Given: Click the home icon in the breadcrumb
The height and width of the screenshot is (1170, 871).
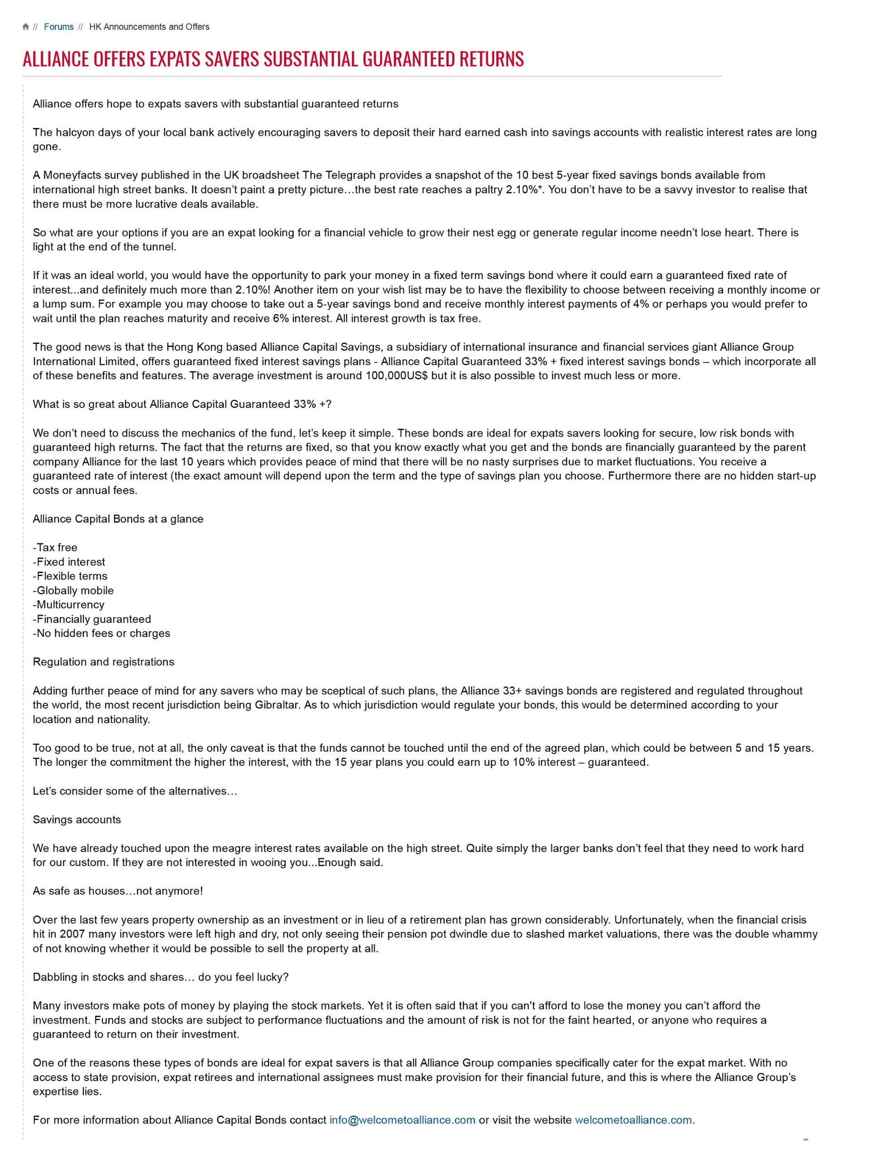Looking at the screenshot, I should (26, 27).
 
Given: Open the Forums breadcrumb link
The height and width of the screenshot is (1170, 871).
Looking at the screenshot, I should (59, 27).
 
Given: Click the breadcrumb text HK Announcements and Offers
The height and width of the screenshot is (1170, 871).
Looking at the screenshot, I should (149, 27).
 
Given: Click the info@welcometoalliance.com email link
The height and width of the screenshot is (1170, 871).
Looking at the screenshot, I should (402, 1120).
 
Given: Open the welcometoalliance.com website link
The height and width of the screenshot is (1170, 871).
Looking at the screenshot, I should (633, 1120).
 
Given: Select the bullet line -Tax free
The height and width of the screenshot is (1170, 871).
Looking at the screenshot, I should (55, 547).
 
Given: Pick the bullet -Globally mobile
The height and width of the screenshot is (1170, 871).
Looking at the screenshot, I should (73, 591).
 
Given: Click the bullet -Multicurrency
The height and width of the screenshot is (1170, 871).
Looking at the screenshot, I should (69, 605).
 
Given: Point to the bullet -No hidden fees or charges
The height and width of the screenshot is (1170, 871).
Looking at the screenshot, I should (101, 633).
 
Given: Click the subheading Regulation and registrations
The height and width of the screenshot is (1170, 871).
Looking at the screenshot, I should (103, 662).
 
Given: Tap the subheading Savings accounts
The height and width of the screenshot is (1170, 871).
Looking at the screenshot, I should (77, 819).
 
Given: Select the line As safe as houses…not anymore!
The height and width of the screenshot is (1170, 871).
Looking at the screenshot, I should (117, 891).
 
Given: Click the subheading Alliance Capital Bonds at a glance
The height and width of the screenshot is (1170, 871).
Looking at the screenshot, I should (118, 519).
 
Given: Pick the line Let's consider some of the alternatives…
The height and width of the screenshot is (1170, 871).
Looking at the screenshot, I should (135, 791).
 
